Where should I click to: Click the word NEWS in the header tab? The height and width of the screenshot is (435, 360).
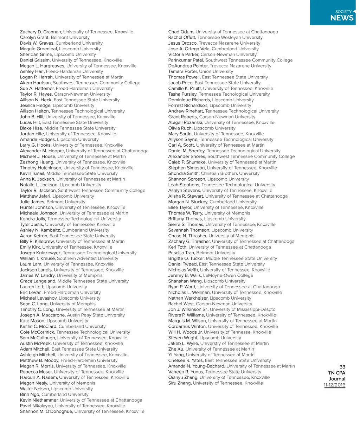[x=342, y=18]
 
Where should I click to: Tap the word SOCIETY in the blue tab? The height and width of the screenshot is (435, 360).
[x=343, y=12]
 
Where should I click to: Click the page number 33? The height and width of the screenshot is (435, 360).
[x=342, y=367]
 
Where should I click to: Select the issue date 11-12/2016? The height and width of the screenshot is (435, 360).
[x=334, y=385]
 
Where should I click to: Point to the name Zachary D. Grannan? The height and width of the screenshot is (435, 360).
[x=41, y=32]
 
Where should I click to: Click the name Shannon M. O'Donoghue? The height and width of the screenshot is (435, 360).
[x=46, y=411]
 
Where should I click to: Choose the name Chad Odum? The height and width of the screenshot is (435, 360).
[x=181, y=32]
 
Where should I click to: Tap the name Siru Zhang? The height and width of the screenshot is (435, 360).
[x=180, y=383]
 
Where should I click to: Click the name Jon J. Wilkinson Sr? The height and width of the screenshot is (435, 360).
[x=188, y=309]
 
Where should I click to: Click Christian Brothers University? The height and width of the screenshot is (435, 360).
[x=230, y=173]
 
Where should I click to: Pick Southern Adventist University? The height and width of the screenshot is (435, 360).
[x=88, y=258]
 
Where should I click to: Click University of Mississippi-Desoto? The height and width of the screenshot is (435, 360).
[x=243, y=309]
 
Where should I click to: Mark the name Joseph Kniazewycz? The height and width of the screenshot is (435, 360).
[x=41, y=253]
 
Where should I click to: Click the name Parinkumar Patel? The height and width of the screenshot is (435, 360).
[x=186, y=60]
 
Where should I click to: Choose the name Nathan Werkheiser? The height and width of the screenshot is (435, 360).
[x=188, y=298]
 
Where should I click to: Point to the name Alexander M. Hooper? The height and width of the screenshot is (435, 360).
[x=42, y=151]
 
